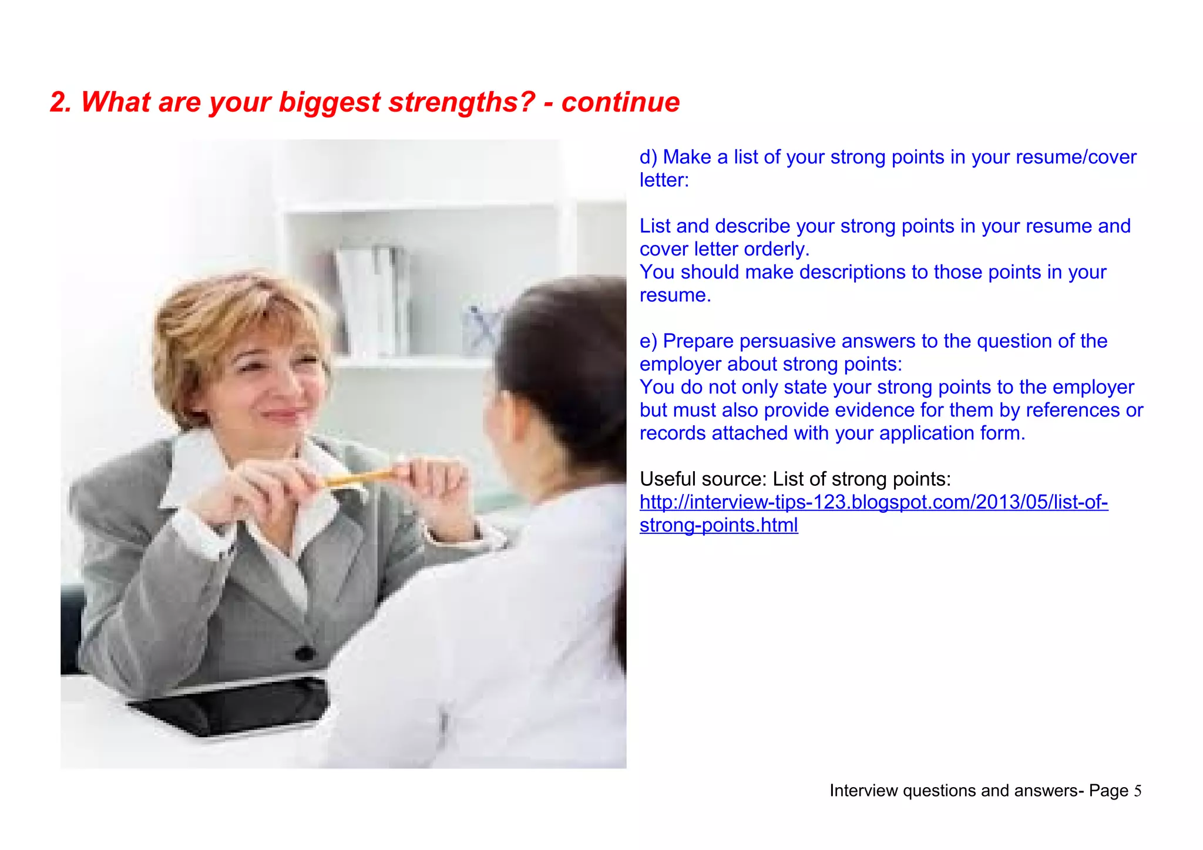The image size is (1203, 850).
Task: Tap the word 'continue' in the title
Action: coord(620,103)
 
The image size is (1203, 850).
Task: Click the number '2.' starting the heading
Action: coord(61,103)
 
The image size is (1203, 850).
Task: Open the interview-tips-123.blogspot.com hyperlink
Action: coord(873,503)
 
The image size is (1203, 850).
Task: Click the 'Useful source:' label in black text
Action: coord(703,479)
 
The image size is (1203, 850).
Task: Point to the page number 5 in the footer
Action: coord(1138,791)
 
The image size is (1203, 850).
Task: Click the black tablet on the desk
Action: coord(235,705)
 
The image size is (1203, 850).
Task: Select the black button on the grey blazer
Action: coord(304,652)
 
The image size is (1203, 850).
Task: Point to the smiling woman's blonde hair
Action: coord(235,305)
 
